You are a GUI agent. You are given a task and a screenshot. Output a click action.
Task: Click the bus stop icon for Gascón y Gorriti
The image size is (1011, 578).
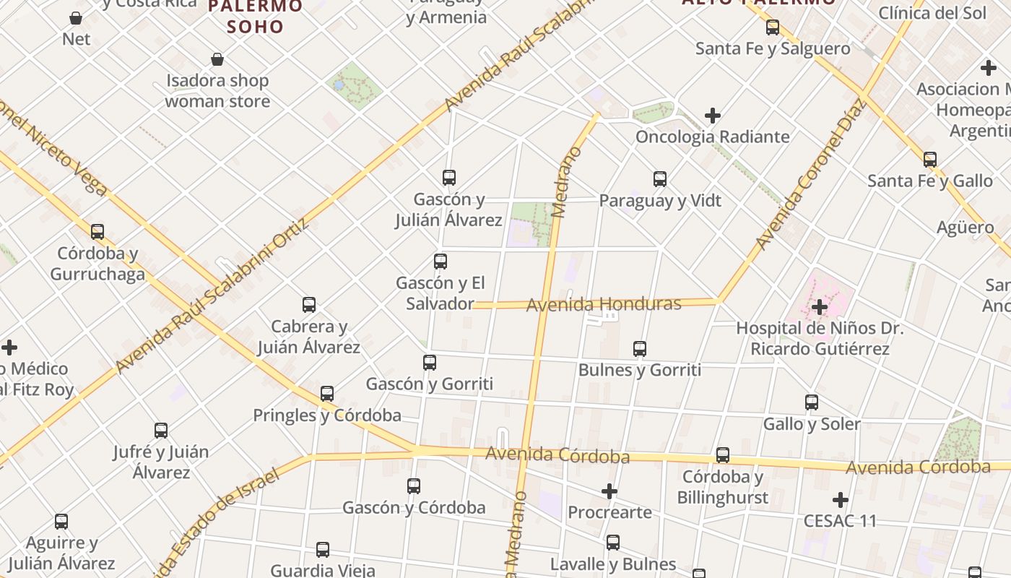pyautogui.click(x=430, y=362)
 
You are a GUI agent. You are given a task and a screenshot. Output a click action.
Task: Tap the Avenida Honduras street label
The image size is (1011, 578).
pyautogui.click(x=603, y=304)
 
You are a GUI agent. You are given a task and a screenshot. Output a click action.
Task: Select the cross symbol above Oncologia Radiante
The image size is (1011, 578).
pyautogui.click(x=713, y=116)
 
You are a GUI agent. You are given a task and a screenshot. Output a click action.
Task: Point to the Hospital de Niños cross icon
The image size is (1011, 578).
pyautogui.click(x=819, y=307)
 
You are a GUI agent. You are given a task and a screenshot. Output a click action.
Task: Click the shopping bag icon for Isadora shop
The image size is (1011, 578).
pyautogui.click(x=217, y=59)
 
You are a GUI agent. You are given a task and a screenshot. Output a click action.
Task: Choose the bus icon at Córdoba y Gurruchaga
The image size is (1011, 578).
pyautogui.click(x=97, y=232)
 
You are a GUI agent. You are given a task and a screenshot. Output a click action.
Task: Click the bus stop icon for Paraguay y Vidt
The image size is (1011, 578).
pyautogui.click(x=660, y=178)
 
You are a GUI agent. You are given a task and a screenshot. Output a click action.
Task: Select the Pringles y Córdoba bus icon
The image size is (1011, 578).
pyautogui.click(x=327, y=394)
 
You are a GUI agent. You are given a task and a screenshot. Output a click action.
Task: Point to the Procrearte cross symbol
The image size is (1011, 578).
pyautogui.click(x=609, y=491)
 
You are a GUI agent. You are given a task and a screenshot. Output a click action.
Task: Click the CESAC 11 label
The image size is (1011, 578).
pyautogui.click(x=840, y=520)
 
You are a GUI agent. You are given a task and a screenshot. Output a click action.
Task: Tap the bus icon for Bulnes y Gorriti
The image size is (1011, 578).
pyautogui.click(x=640, y=349)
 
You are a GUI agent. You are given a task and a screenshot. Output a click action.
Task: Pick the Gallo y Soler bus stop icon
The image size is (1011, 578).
pyautogui.click(x=812, y=402)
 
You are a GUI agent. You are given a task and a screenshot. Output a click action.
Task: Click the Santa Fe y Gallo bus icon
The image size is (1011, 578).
pyautogui.click(x=930, y=159)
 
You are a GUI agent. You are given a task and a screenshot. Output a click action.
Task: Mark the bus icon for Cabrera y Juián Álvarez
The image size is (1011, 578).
pyautogui.click(x=309, y=305)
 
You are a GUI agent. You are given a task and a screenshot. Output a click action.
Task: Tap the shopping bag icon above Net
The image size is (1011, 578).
pyautogui.click(x=76, y=17)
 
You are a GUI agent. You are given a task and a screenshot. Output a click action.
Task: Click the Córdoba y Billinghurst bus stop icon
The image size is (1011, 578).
pyautogui.click(x=723, y=455)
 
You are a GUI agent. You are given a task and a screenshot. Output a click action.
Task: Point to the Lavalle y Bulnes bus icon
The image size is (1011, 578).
pyautogui.click(x=613, y=542)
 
